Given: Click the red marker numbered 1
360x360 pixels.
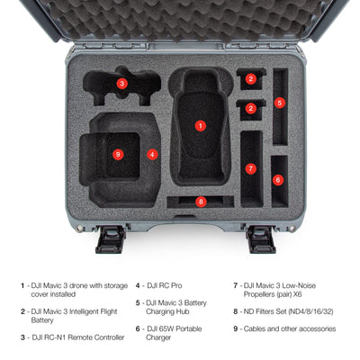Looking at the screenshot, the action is pyautogui.click(x=201, y=126).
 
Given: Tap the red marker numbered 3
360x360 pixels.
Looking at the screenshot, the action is pyautogui.click(x=121, y=84).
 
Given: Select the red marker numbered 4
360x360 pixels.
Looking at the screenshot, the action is pyautogui.click(x=152, y=155).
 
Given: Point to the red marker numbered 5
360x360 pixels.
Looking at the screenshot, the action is pyautogui.click(x=280, y=103).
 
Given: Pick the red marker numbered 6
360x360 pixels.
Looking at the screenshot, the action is pyautogui.click(x=278, y=180).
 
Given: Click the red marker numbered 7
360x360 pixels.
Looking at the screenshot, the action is pyautogui.click(x=251, y=168).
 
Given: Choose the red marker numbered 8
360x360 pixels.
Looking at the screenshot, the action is pyautogui.click(x=201, y=202).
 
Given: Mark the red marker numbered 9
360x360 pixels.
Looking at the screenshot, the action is pyautogui.click(x=118, y=155).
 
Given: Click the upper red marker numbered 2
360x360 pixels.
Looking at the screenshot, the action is pyautogui.click(x=251, y=79).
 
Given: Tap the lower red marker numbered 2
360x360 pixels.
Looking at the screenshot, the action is pyautogui.click(x=251, y=108).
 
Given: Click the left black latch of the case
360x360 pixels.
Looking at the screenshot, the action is pyautogui.click(x=111, y=239).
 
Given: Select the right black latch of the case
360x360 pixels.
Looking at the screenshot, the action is pyautogui.click(x=260, y=239).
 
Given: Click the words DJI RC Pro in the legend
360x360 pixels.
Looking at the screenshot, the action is pyautogui.click(x=165, y=285).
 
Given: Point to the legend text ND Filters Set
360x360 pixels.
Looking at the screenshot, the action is pyautogui.click(x=265, y=311).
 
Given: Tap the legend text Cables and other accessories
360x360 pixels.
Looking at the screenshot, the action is pyautogui.click(x=290, y=328).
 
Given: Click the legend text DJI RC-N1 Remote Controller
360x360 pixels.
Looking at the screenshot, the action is pyautogui.click(x=78, y=337).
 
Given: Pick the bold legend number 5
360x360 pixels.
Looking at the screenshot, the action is pyautogui.click(x=138, y=303).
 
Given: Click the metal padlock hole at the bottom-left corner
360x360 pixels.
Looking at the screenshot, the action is pyautogui.click(x=79, y=229).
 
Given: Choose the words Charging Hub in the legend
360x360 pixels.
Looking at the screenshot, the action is pyautogui.click(x=167, y=311).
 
